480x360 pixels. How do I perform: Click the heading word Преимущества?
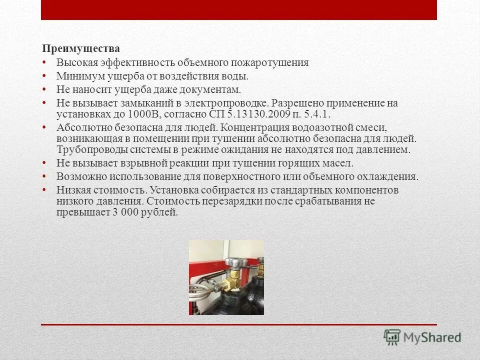coord(80,49)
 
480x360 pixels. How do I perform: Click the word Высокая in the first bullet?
coord(73,63)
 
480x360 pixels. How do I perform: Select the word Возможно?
coord(76,176)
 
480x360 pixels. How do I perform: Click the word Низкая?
coord(71,190)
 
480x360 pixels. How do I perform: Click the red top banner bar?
coord(239,10)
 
